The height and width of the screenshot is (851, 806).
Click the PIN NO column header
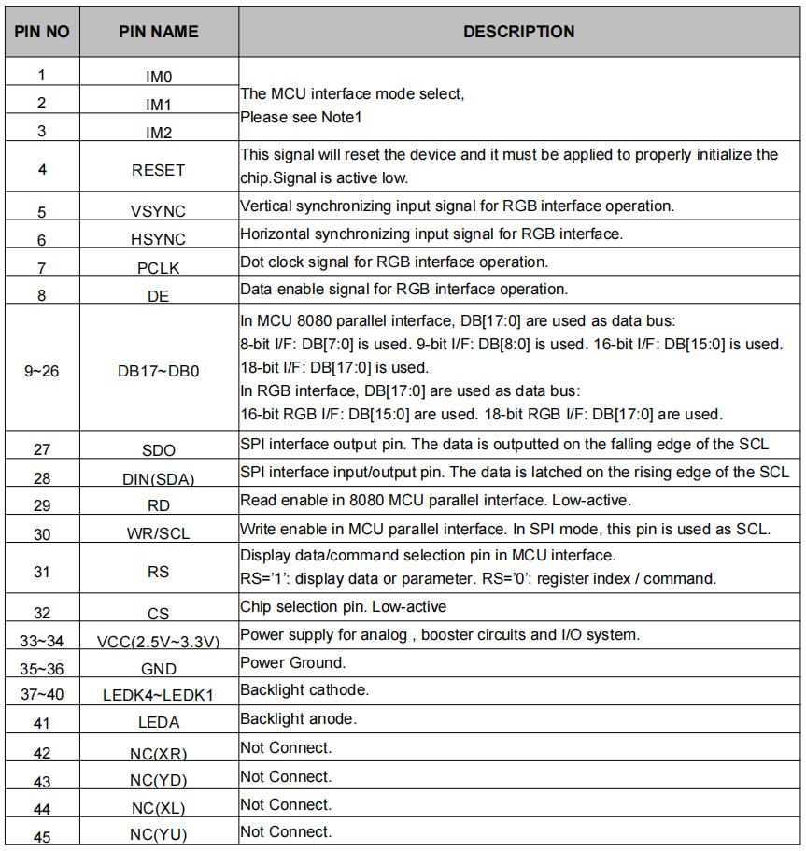pos(42,32)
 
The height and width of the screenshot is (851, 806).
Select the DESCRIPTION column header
pos(518,32)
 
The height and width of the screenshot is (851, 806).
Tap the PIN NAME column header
pos(159,32)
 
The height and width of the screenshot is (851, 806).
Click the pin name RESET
pos(159,170)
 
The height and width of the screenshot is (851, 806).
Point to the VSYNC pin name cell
pos(159,211)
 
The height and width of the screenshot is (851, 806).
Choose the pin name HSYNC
pos(159,239)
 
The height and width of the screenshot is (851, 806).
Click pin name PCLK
pos(159,268)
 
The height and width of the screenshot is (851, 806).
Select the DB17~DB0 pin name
pos(159,371)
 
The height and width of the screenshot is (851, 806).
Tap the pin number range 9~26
pos(41,371)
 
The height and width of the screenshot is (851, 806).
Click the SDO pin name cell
pos(159,450)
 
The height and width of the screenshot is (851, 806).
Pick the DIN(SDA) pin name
pos(159,478)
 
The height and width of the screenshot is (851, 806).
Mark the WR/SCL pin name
pos(159,534)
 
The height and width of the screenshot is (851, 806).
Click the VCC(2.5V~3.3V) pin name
pos(159,641)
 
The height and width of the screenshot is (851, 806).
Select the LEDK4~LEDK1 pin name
pos(159,695)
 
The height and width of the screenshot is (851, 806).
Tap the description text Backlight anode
pos(299,718)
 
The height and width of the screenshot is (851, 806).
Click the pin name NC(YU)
pos(159,833)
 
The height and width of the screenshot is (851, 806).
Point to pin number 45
pos(41,836)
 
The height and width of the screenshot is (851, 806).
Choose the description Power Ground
pos(293,662)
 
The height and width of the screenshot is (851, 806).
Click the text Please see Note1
pos(301,117)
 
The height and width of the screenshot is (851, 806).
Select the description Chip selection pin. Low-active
pos(344,606)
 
